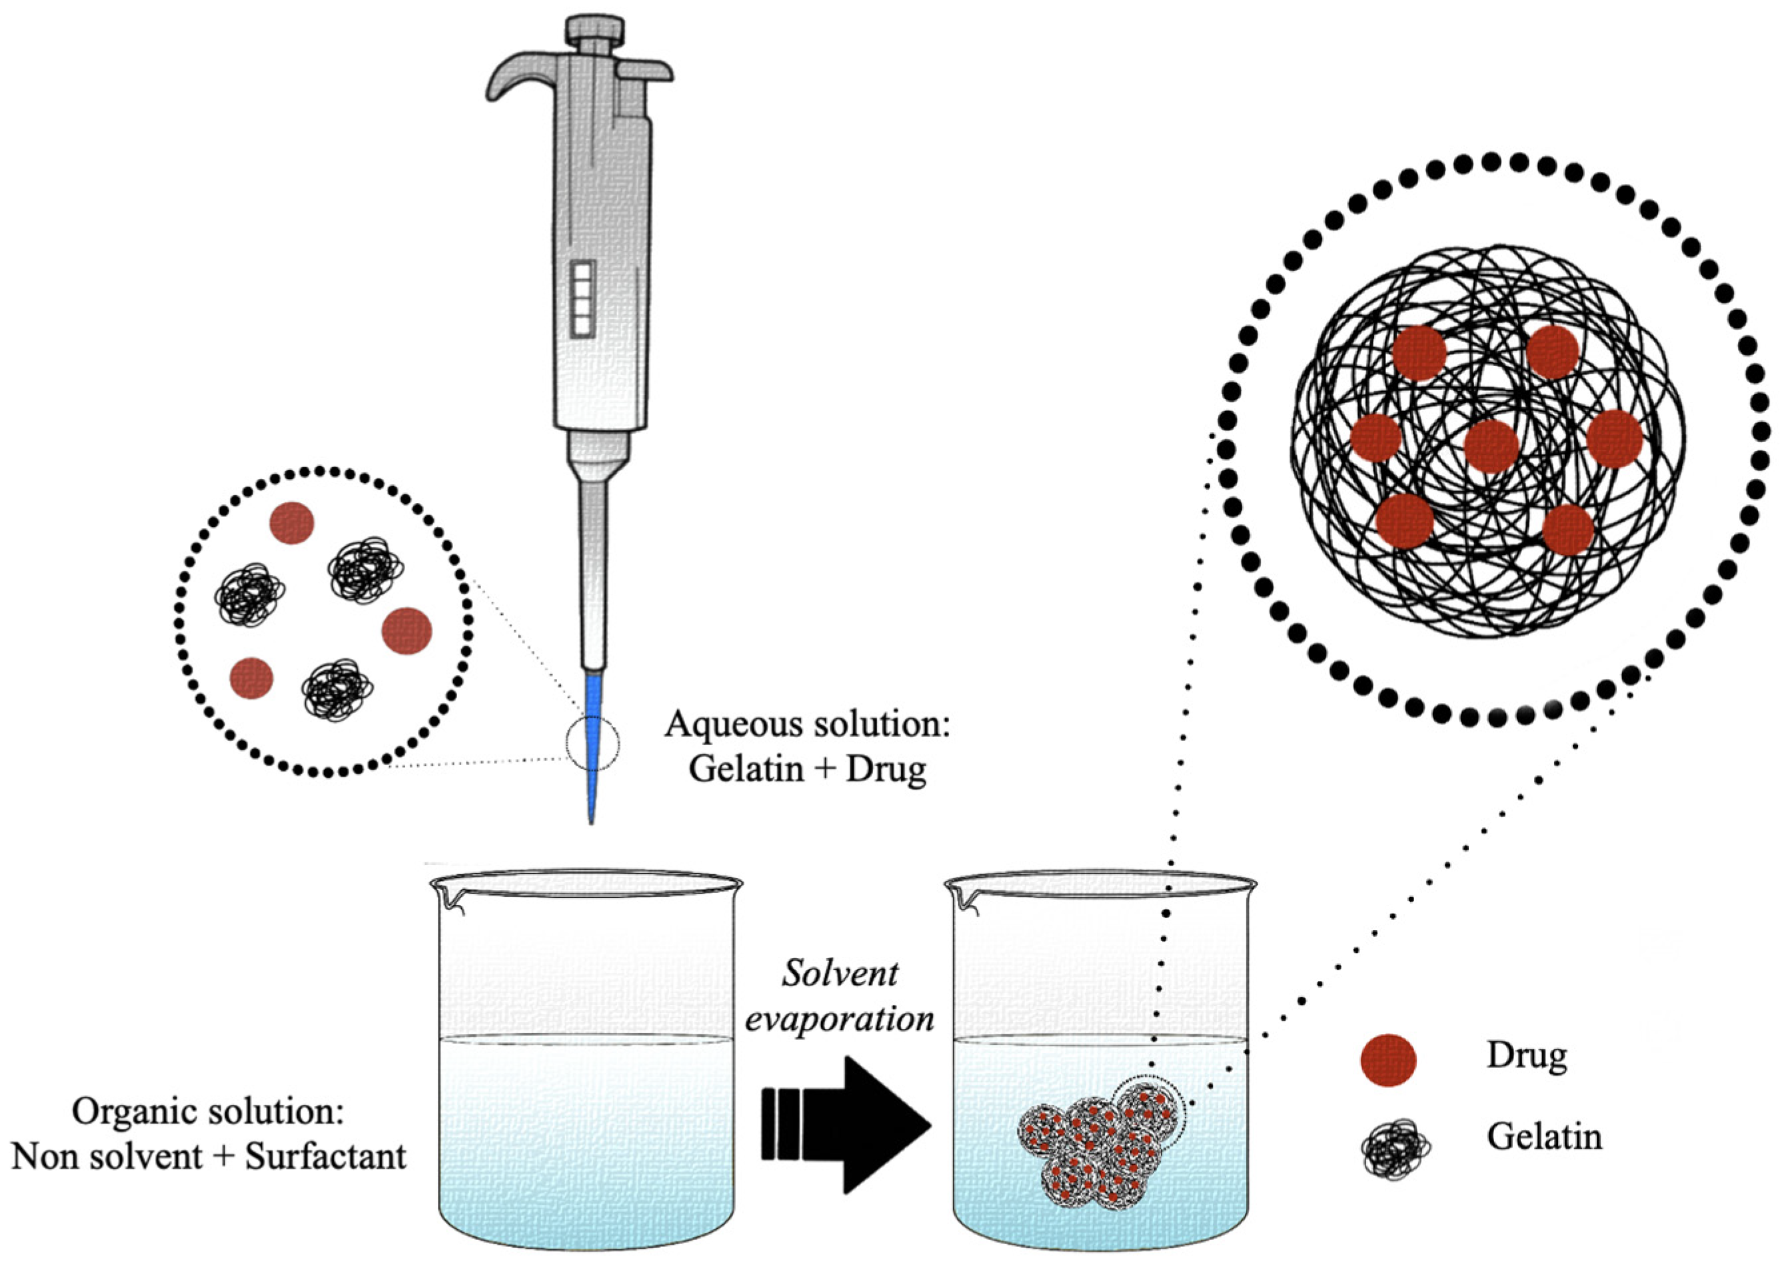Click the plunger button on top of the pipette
pos(590,32)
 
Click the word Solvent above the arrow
pos(839,973)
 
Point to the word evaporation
pos(839,1019)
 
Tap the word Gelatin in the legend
pos(1543,1136)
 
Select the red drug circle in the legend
pos(1387,1060)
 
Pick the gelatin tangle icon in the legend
pos(1395,1150)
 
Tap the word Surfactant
pos(325,1156)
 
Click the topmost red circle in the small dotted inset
pos(292,523)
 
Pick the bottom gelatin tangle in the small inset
pos(337,689)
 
